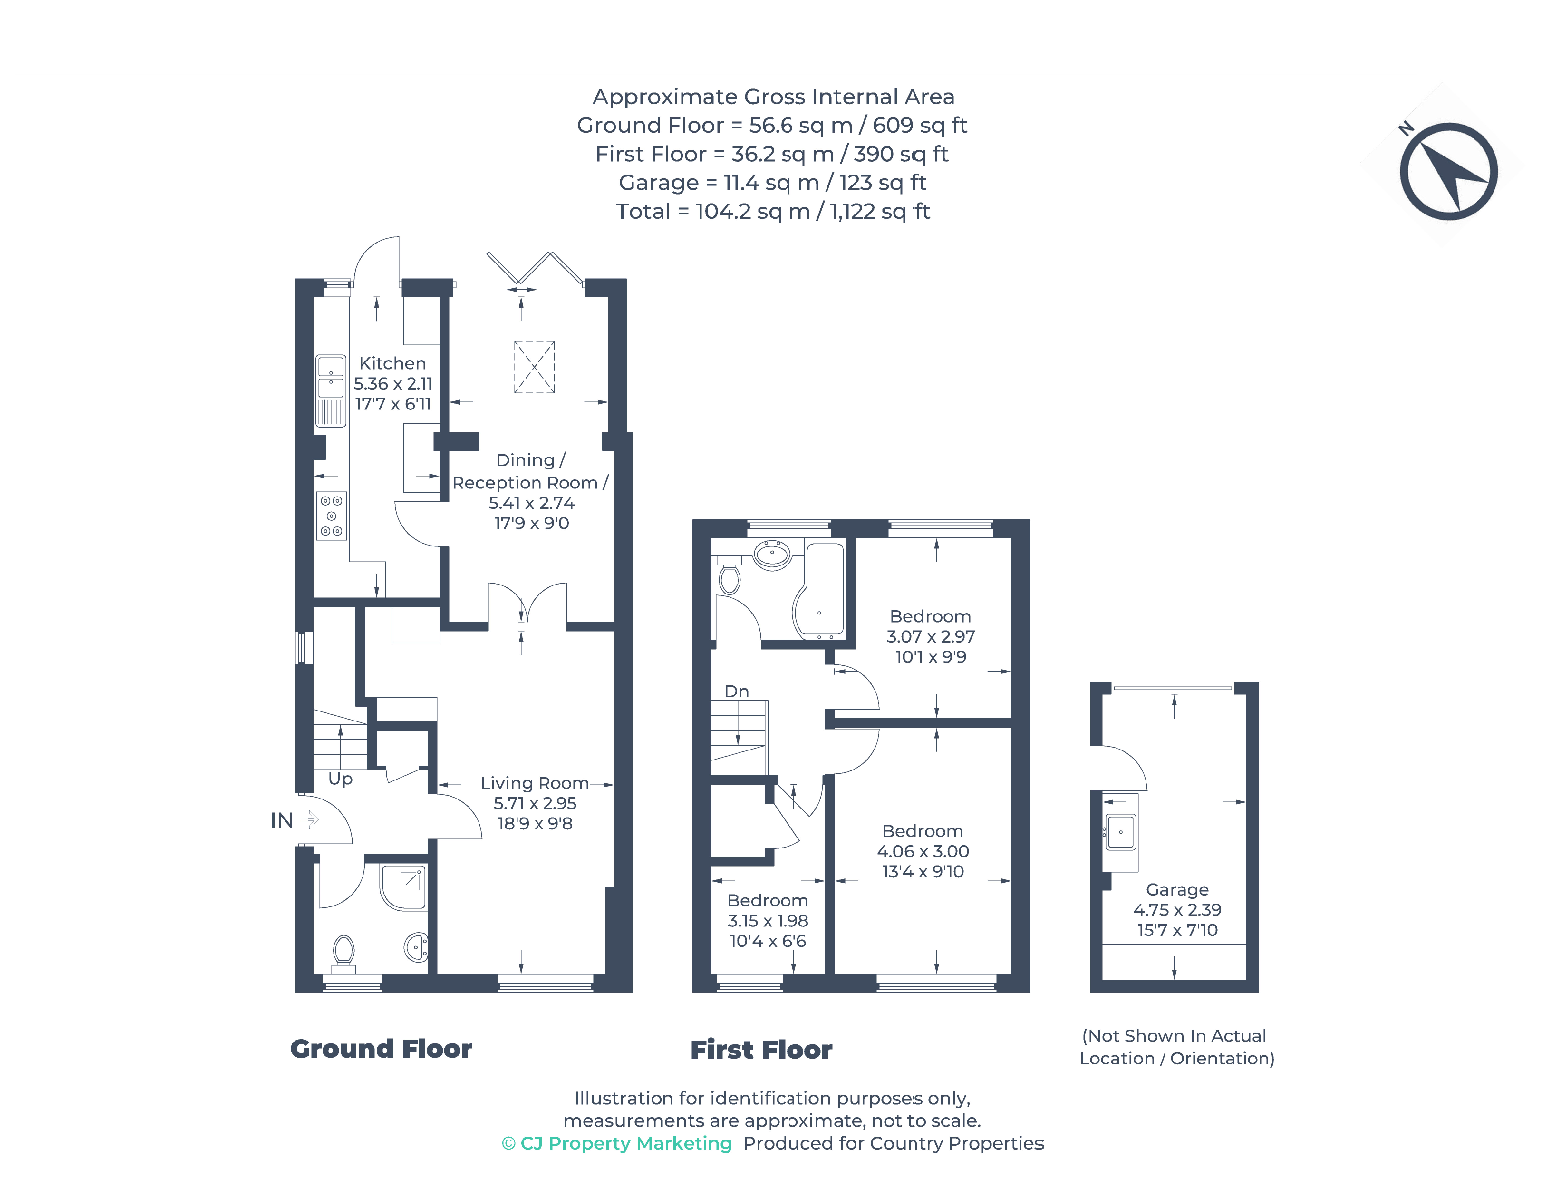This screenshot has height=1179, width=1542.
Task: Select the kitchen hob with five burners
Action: click(x=331, y=516)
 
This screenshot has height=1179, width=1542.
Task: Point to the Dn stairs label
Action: click(x=736, y=691)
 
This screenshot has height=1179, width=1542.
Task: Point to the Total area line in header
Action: click(x=772, y=211)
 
